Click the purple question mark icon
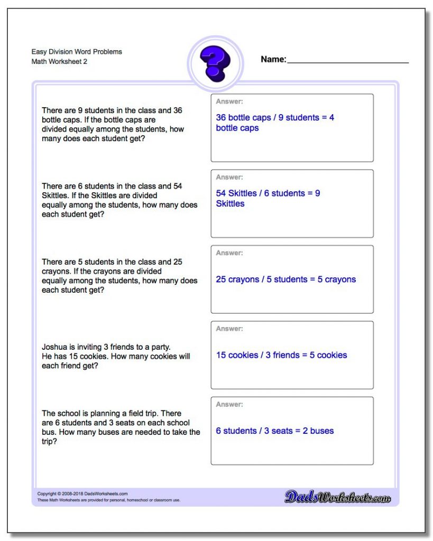pyautogui.click(x=215, y=63)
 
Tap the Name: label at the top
pyautogui.click(x=273, y=60)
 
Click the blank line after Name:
pyautogui.click(x=347, y=61)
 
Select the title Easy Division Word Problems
pyautogui.click(x=77, y=52)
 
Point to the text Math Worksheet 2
pyautogui.click(x=59, y=62)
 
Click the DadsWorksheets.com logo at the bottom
pyautogui.click(x=337, y=497)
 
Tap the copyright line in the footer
pyautogui.click(x=82, y=494)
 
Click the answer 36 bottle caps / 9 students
pyautogui.click(x=275, y=118)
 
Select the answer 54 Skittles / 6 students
pyautogui.click(x=268, y=193)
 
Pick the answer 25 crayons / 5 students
pyautogui.click(x=285, y=279)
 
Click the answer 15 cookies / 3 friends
pyautogui.click(x=281, y=355)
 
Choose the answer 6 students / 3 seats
pyautogui.click(x=274, y=431)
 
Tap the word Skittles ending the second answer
pyautogui.click(x=230, y=203)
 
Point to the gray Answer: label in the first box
pyautogui.click(x=229, y=101)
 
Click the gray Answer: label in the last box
pyautogui.click(x=229, y=404)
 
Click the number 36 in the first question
pyautogui.click(x=178, y=110)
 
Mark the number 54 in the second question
pyautogui.click(x=178, y=186)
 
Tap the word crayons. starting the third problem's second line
pyautogui.click(x=57, y=271)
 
